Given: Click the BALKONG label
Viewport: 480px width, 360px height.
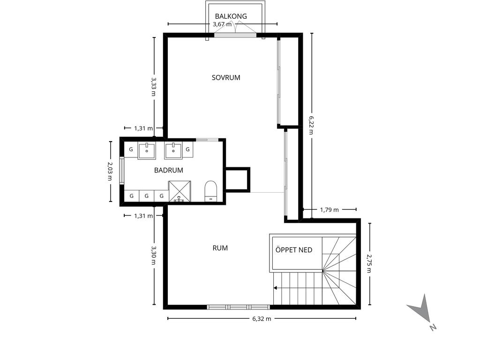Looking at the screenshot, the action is (x=231, y=16).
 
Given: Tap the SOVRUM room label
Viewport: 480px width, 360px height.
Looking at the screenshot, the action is (x=226, y=77).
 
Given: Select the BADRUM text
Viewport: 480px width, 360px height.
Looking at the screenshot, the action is (x=169, y=170).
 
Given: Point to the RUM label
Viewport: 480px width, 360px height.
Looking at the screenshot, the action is (x=220, y=248).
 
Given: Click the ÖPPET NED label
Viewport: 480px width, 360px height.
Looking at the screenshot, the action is (x=294, y=250).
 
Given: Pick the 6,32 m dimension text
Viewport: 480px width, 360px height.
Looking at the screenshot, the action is (x=262, y=319).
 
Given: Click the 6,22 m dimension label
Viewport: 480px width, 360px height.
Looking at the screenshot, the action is (x=311, y=125).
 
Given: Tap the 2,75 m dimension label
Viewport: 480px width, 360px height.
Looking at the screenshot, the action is (x=369, y=263).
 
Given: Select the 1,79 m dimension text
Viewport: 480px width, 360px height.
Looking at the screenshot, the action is (x=330, y=210).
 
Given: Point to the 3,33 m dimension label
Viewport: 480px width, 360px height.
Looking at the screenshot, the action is (x=153, y=87).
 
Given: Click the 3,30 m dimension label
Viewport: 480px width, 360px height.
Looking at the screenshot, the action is (x=153, y=256).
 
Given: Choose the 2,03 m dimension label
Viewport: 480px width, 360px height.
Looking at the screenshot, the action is (x=110, y=171).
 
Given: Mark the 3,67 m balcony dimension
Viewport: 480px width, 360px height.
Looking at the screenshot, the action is (x=222, y=24).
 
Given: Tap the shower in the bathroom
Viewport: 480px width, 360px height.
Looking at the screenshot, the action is (x=180, y=192).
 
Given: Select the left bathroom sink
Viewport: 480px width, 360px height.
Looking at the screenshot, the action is (x=147, y=150).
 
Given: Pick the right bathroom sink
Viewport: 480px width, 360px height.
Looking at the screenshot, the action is (x=173, y=150).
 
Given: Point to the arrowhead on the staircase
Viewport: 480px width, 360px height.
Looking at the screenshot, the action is (x=276, y=288).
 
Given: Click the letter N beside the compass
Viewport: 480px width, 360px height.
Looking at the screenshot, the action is (x=433, y=327).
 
